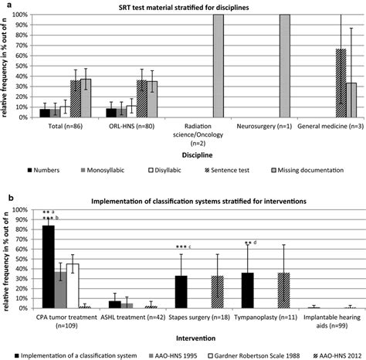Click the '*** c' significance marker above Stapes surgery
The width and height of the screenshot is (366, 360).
click(x=182, y=247)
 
